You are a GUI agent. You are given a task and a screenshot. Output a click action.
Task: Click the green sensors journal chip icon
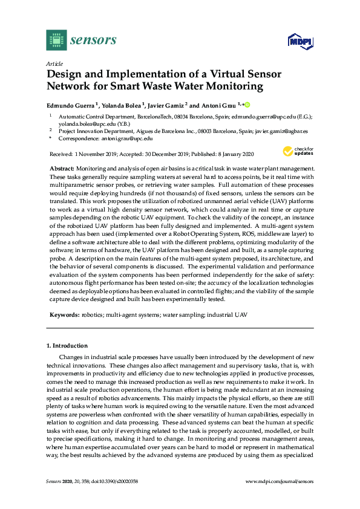point(56,40)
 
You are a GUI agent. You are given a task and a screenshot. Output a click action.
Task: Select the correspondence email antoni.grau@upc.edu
point(120,138)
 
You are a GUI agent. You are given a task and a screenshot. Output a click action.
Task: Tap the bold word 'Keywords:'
point(64,315)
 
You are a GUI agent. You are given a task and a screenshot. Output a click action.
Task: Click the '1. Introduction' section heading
point(67,346)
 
